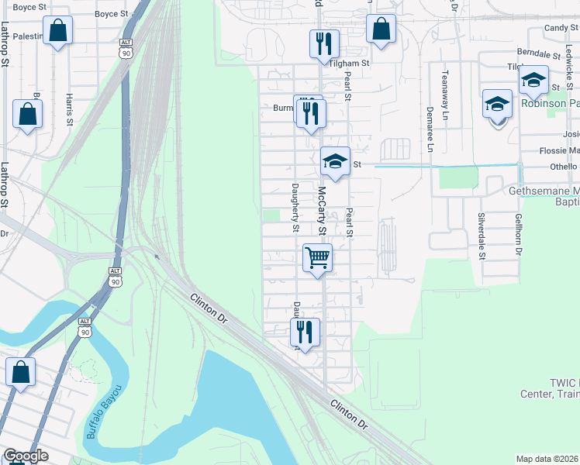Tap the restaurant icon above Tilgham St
[324, 43]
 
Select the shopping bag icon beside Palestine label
[57, 32]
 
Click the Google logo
[26, 456]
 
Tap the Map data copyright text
[547, 459]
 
